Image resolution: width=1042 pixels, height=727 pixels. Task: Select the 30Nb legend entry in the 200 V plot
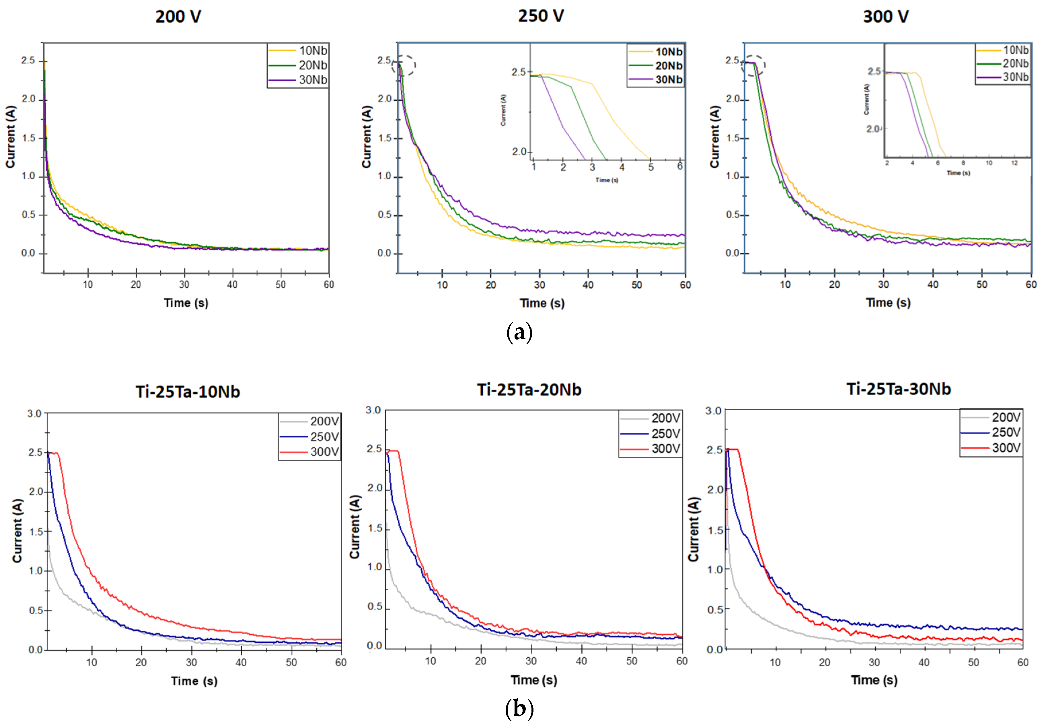click(313, 80)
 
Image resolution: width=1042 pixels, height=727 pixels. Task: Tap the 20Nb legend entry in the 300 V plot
click(1015, 64)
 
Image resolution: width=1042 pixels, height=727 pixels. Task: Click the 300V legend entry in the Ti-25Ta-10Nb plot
click(324, 452)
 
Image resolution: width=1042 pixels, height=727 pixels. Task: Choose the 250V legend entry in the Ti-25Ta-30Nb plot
click(1006, 432)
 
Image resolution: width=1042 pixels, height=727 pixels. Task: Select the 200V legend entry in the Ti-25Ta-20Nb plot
click(665, 418)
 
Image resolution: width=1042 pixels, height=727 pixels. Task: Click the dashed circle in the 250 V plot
click(404, 65)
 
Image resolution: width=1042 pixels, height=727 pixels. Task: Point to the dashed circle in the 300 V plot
click(753, 66)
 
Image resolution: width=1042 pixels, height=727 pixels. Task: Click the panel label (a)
click(519, 333)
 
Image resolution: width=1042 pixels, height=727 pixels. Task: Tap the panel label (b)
click(519, 708)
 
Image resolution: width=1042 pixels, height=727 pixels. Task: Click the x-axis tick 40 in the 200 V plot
click(232, 284)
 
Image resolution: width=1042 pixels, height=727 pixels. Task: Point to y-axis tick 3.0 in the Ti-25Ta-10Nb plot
click(34, 414)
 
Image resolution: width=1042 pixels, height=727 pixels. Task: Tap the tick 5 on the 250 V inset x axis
click(651, 167)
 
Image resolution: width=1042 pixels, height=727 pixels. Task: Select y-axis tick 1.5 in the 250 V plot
click(384, 138)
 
